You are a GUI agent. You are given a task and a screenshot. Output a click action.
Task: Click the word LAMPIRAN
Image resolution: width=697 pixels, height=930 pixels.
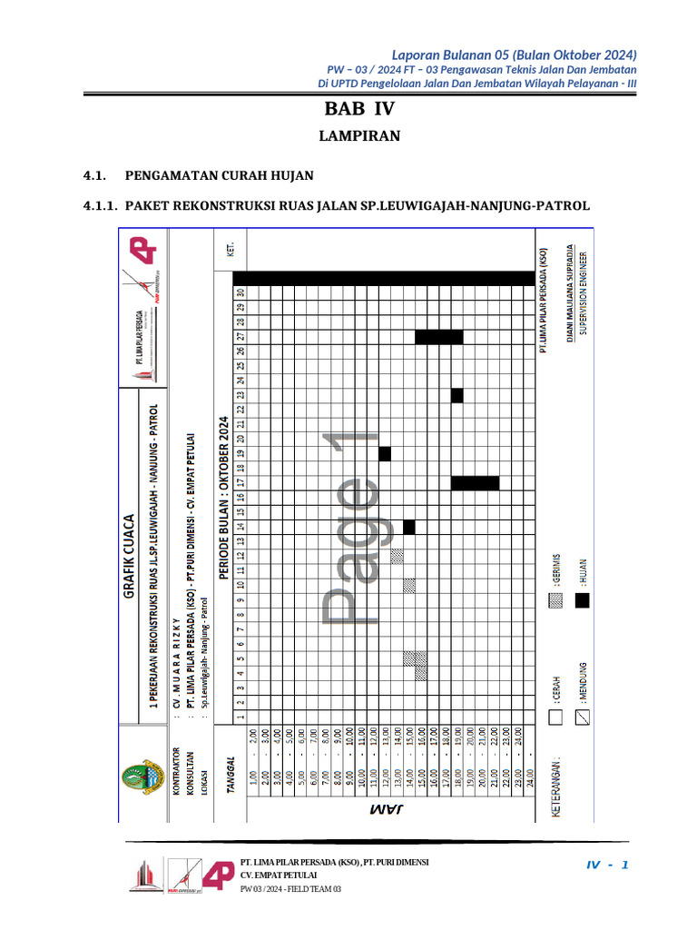pyautogui.click(x=359, y=137)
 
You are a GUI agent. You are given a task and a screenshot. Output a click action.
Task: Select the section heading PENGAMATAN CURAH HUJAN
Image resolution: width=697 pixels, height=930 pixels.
pyautogui.click(x=219, y=174)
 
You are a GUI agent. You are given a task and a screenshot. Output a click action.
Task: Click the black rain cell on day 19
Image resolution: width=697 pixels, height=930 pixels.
pyautogui.click(x=385, y=453)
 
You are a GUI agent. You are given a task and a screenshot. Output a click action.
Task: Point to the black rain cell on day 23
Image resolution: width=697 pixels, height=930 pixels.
pyautogui.click(x=456, y=395)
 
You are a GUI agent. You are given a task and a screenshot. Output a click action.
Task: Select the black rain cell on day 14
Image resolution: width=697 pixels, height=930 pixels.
pyautogui.click(x=408, y=527)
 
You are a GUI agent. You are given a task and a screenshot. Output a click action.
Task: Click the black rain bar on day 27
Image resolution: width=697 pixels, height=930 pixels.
pyautogui.click(x=439, y=337)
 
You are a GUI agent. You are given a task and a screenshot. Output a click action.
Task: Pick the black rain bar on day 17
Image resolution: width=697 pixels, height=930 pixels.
pyautogui.click(x=475, y=483)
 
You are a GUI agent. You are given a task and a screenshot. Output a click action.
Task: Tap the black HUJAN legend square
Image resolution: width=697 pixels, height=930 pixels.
pyautogui.click(x=581, y=599)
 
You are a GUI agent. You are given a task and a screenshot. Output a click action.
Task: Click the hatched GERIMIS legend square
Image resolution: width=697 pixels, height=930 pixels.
pyautogui.click(x=556, y=599)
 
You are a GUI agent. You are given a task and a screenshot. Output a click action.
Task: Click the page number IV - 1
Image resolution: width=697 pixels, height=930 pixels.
pyautogui.click(x=607, y=864)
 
